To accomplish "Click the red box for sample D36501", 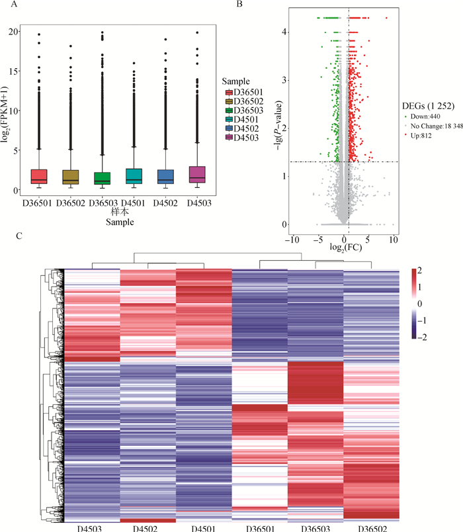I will [38, 176].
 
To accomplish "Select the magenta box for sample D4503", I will [197, 174].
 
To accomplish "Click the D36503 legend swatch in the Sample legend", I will [229, 110].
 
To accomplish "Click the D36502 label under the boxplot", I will [69, 202].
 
